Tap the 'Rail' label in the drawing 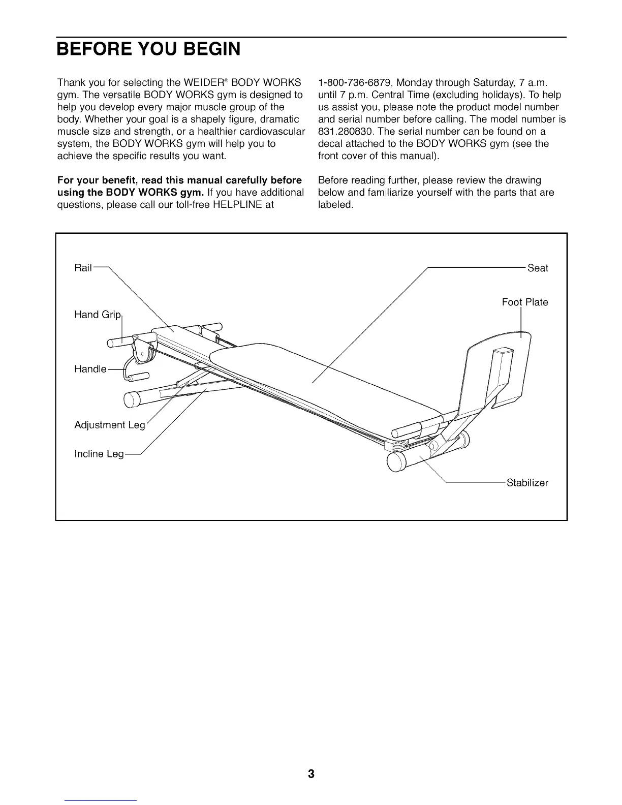[x=83, y=268]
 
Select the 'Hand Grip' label [x=98, y=315]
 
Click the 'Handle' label [x=90, y=369]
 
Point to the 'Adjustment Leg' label [x=110, y=425]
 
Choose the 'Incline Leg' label [x=99, y=454]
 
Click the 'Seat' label [x=538, y=268]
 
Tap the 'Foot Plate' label [x=525, y=302]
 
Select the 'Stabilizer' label [x=527, y=483]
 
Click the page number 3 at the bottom [x=311, y=774]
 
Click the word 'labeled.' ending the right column [x=335, y=205]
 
